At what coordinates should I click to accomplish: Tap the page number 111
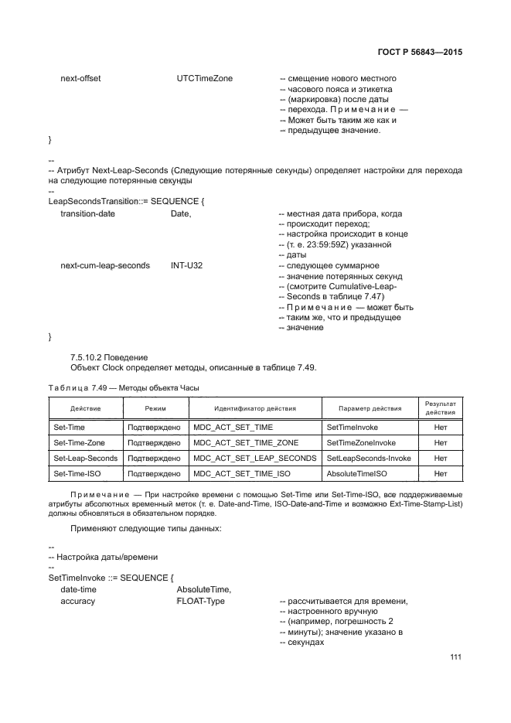pos(455,657)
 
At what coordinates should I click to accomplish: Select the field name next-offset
pos(80,79)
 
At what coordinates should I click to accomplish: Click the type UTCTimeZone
pos(204,79)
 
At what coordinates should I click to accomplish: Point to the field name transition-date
pos(87,213)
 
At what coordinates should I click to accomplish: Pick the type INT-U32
pos(187,265)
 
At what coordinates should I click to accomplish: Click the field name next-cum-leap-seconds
pos(104,265)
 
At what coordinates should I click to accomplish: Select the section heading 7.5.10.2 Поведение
pos(108,357)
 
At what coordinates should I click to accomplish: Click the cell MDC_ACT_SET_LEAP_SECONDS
pos(254,458)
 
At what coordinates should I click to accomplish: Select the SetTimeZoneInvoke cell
pos(361,443)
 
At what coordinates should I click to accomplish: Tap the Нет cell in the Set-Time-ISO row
pos(441,473)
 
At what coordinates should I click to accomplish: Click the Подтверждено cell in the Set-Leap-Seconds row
pos(154,458)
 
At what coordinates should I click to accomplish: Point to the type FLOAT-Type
pos(200,601)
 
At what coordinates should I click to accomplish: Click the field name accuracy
pos(77,601)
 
